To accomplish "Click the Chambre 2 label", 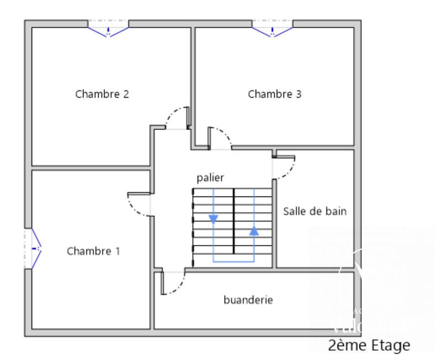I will click(102, 94).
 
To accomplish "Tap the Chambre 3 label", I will click(275, 94).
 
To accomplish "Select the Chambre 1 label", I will click(93, 251).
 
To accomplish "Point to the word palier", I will click(211, 178).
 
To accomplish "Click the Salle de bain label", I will click(315, 211).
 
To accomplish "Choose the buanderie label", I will click(248, 300).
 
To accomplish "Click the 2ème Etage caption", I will click(369, 346).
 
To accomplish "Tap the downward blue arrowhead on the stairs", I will click(213, 219).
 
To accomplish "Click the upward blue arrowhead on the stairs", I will click(254, 231).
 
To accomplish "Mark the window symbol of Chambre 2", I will click(108, 29).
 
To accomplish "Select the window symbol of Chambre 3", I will click(272, 29).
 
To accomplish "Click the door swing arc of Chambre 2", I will click(173, 114).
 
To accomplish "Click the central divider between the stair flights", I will click(234, 221).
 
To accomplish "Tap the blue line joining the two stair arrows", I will click(234, 261).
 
